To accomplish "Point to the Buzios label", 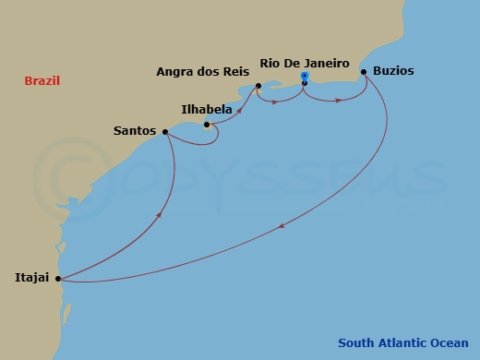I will tap(393, 70).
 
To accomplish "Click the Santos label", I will tap(135, 131).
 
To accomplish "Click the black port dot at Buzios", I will tap(364, 72).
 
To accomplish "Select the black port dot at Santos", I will tap(165, 132).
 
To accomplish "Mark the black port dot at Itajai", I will tap(57, 278).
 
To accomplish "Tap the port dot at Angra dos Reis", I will tap(258, 87).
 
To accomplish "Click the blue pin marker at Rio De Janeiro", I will tap(305, 79).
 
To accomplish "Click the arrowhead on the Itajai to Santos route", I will tap(162, 215).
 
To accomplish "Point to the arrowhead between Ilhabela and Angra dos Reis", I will tap(239, 110).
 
